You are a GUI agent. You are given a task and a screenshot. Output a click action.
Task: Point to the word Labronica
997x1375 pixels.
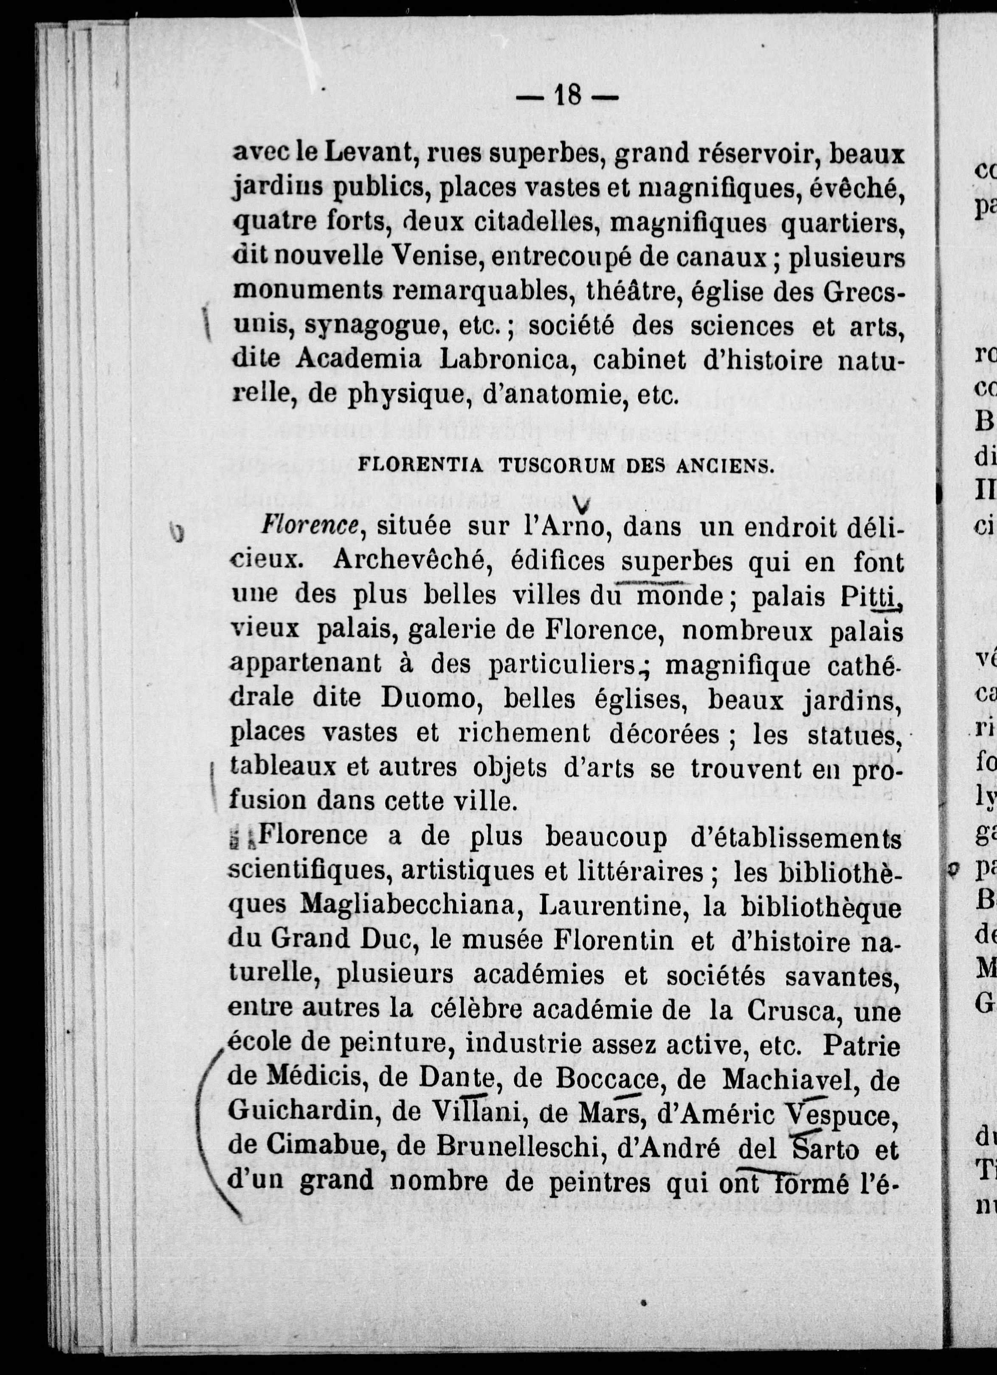tap(507, 360)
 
